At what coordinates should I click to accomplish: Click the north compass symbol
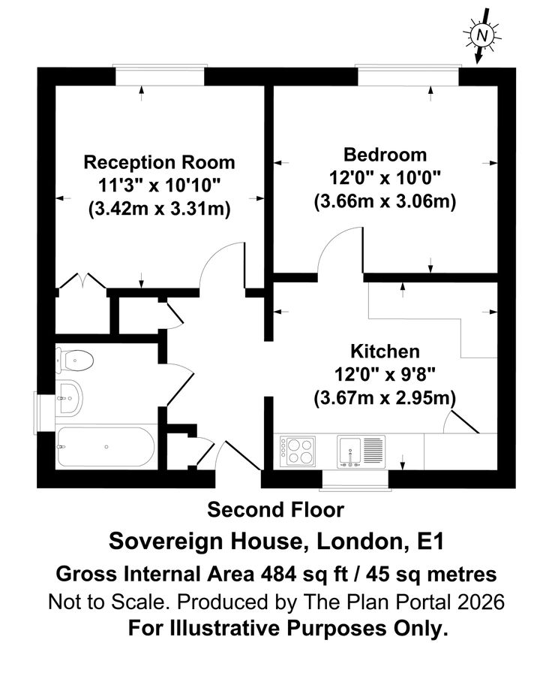pyautogui.click(x=483, y=35)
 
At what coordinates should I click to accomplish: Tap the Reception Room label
pyautogui.click(x=159, y=162)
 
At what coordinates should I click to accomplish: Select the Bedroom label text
pyautogui.click(x=385, y=155)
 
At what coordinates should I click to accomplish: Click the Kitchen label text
pyautogui.click(x=385, y=351)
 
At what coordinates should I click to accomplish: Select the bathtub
pyautogui.click(x=105, y=448)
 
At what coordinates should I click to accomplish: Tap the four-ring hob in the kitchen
pyautogui.click(x=298, y=452)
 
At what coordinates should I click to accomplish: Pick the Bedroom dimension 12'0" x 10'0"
pyautogui.click(x=385, y=178)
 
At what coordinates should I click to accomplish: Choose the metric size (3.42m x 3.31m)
pyautogui.click(x=159, y=208)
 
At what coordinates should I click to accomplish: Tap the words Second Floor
pyautogui.click(x=275, y=510)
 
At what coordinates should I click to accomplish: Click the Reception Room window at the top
pyautogui.click(x=158, y=76)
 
